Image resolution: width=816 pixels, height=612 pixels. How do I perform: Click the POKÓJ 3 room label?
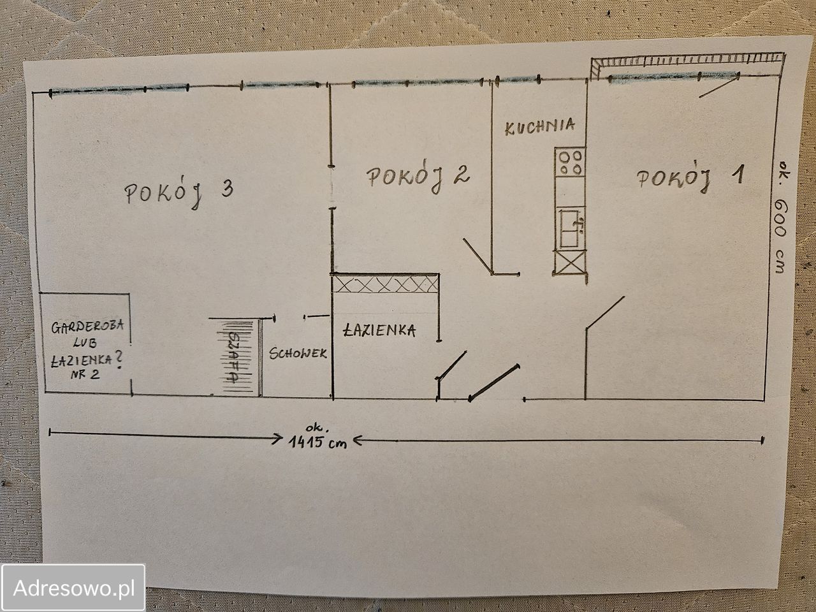(179, 193)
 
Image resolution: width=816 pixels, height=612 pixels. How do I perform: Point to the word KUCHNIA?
(539, 127)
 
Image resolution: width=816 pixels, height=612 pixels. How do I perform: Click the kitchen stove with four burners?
(570, 163)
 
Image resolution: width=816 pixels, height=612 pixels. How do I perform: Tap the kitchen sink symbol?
(570, 228)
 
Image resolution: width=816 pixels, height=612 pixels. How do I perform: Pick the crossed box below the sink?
(570, 263)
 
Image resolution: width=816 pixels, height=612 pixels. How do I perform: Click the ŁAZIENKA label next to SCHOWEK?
(379, 330)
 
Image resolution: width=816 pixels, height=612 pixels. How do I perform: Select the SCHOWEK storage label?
(298, 353)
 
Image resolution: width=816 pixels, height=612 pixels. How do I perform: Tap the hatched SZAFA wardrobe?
(238, 358)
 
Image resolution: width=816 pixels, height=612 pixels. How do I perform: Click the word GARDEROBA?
(87, 326)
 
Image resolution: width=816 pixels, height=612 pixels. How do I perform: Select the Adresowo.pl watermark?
(73, 588)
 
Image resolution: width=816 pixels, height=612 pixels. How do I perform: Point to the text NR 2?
(85, 374)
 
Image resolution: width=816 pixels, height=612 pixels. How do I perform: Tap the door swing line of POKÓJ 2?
(478, 256)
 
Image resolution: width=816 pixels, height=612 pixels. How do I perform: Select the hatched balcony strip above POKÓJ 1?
(687, 61)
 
